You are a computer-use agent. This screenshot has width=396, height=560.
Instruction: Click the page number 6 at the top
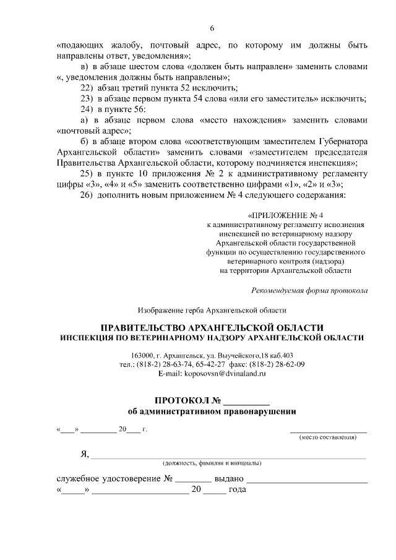tap(212, 29)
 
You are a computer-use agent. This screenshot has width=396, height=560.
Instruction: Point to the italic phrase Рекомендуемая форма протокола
tap(309, 290)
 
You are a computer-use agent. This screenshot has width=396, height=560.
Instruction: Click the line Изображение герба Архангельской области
tap(212, 309)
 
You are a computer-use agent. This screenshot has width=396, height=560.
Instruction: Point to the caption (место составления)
tap(328, 437)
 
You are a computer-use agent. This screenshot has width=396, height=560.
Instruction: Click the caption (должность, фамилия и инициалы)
tap(212, 463)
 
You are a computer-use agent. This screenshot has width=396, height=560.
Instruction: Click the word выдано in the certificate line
tap(231, 479)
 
